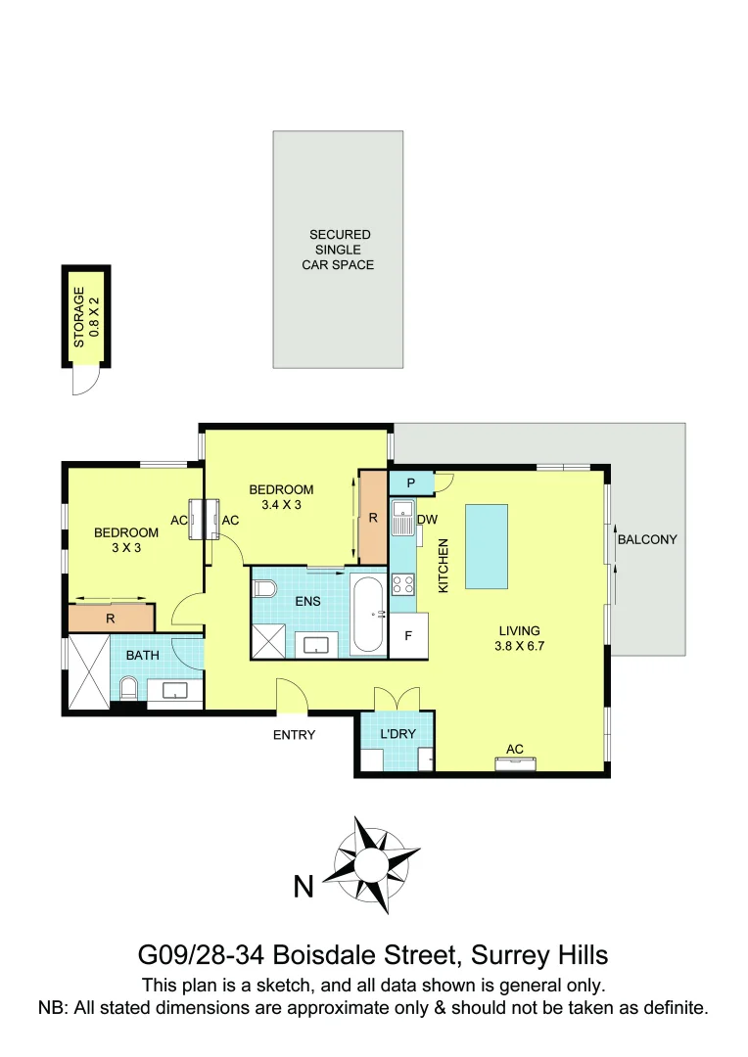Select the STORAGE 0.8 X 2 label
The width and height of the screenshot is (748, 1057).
coord(86,319)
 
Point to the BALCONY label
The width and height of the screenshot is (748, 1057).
coord(647,539)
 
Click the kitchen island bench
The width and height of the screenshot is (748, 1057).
coord(487,546)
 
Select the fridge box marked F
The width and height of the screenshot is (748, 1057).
coord(408,636)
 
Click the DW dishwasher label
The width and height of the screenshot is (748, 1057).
coord(427,520)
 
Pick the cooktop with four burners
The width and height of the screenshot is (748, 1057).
coord(402,585)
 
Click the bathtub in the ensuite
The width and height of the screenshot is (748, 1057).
coord(369,614)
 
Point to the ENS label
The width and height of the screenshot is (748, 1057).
coord(308,601)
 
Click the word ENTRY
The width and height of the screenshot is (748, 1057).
coord(294,735)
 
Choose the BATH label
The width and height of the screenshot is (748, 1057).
coord(142,655)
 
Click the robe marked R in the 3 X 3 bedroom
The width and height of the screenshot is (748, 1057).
coord(111,619)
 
